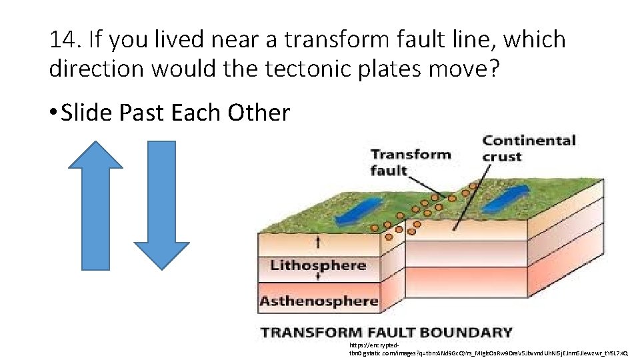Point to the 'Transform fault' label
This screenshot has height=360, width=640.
409,162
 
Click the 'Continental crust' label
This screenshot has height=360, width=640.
529,148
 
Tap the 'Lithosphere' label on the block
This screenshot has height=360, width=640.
318,265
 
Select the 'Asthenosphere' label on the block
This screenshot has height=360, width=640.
319,301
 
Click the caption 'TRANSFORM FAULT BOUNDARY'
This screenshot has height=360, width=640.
387,332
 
